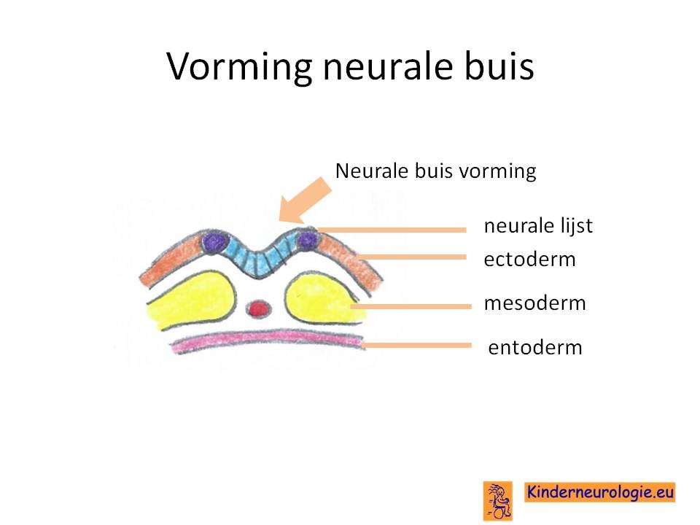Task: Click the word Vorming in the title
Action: (239, 67)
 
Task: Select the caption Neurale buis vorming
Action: (436, 171)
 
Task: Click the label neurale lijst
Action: (538, 226)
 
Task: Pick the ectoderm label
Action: (529, 260)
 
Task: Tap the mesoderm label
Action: (534, 303)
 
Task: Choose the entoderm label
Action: (535, 347)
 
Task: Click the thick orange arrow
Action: (306, 200)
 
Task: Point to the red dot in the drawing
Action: (258, 308)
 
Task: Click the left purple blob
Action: (214, 242)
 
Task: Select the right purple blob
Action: (308, 241)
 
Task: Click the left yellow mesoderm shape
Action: (191, 300)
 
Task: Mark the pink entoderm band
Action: (268, 341)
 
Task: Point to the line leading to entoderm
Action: (416, 345)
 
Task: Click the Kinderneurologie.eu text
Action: (599, 492)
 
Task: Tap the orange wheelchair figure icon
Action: (498, 501)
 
